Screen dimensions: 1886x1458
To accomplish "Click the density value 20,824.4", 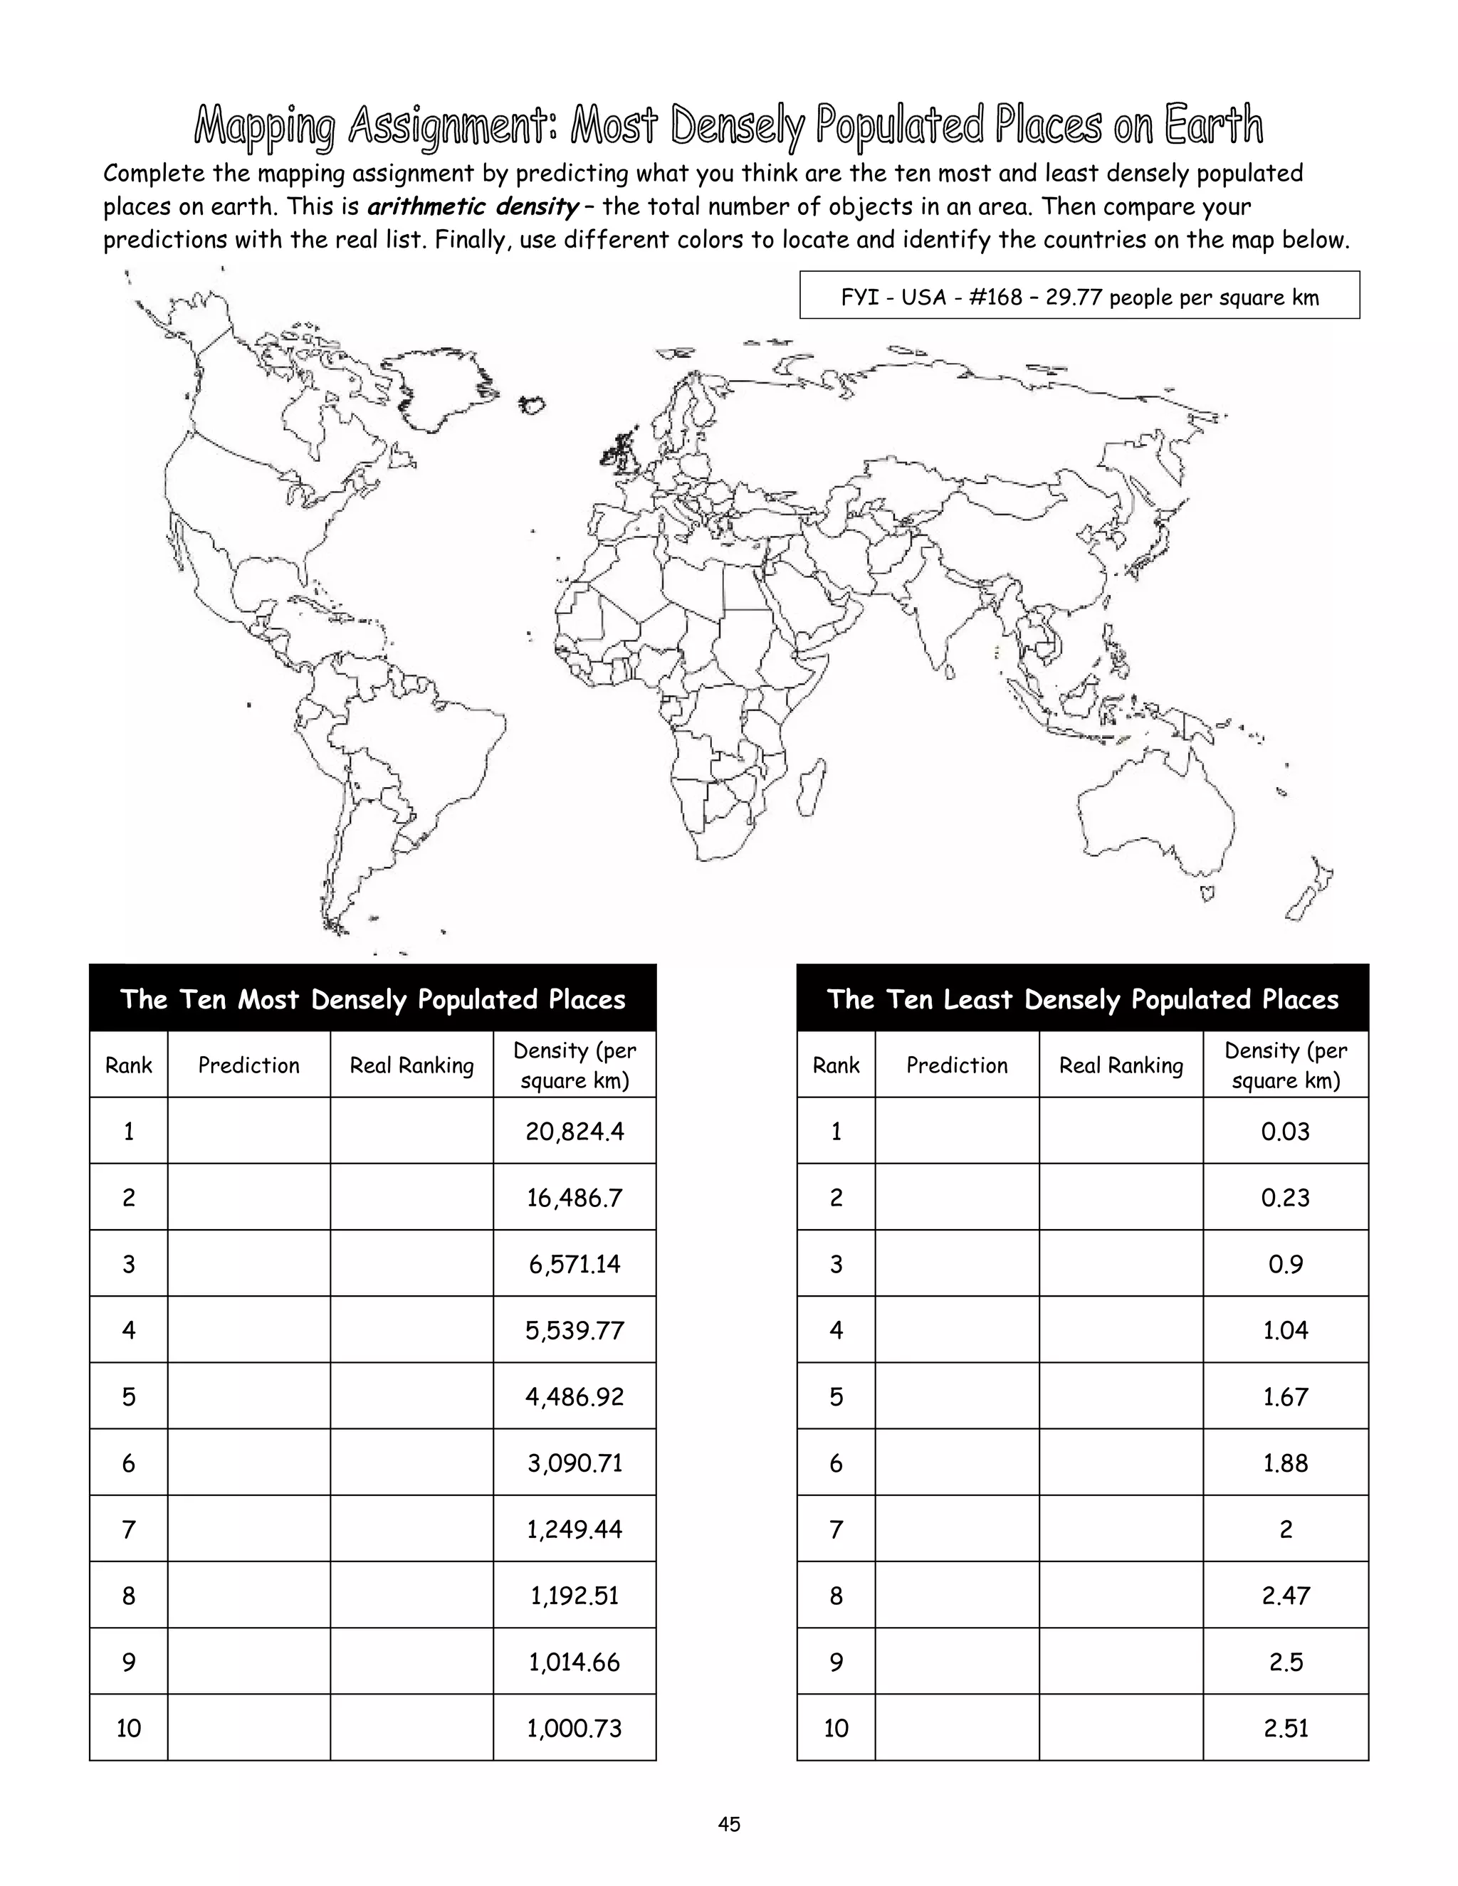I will point(575,1132).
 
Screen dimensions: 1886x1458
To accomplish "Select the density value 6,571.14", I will point(575,1264).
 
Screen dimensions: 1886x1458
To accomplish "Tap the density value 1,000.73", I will point(575,1728).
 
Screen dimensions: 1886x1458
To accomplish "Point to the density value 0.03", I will point(1285,1132).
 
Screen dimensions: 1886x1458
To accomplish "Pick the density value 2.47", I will point(1285,1595).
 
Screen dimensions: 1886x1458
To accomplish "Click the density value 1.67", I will point(1285,1396).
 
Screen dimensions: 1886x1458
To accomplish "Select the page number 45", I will point(728,1824).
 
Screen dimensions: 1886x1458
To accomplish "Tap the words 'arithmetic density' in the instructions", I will point(473,207).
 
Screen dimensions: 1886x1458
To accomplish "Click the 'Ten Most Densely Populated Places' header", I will point(372,999).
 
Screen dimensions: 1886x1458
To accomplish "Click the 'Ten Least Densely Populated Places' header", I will point(1082,999).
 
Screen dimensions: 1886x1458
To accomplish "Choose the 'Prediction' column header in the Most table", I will point(248,1065).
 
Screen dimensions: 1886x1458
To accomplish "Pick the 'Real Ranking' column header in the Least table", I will point(1121,1065).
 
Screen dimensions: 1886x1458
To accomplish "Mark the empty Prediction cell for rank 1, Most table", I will point(248,1132).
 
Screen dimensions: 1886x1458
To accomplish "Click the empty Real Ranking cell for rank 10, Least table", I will point(1121,1728).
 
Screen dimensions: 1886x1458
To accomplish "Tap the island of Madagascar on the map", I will point(809,788).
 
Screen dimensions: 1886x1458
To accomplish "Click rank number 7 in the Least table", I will point(835,1529).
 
